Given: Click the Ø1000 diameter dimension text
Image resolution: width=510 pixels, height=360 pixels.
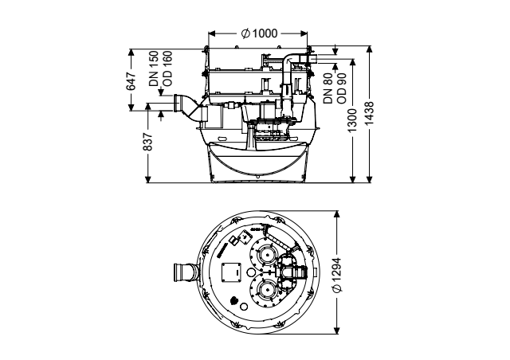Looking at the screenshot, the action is point(259,33).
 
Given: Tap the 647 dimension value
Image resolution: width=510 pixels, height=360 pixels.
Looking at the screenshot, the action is point(131,81).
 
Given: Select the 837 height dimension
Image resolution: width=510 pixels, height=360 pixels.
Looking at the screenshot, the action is point(147,142).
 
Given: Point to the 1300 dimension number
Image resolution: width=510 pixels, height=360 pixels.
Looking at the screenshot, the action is point(352,120).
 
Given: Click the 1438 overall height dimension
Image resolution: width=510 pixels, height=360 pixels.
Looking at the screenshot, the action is point(369,113).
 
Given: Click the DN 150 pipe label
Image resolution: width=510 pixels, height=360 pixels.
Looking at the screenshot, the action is point(154,68).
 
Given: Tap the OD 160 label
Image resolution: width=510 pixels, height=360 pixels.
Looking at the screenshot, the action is point(167,68).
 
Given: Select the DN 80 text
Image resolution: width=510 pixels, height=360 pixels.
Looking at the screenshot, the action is point(328,88).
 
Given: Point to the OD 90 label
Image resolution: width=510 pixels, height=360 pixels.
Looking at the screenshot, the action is point(342,88).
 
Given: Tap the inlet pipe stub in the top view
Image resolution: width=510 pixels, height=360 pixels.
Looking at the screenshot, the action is point(186,272).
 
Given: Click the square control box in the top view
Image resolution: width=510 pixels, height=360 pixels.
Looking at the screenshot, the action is point(231,272).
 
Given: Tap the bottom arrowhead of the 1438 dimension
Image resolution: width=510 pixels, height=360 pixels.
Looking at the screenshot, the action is point(369,179).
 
